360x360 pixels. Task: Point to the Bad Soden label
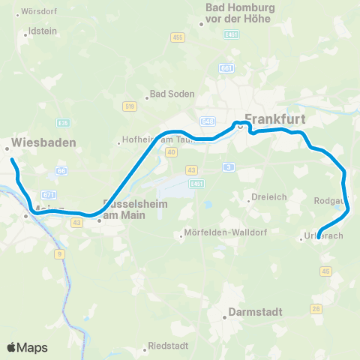coord(172,94)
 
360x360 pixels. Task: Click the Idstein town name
coord(41,32)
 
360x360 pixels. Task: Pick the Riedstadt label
coord(168,349)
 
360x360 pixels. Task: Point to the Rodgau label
coord(331,201)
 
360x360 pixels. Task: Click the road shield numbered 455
coord(177,37)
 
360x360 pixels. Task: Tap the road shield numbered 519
coord(130,106)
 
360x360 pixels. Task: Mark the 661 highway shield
coord(225,67)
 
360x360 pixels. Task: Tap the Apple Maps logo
coord(27,347)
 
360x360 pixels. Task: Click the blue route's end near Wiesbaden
coord(10,159)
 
